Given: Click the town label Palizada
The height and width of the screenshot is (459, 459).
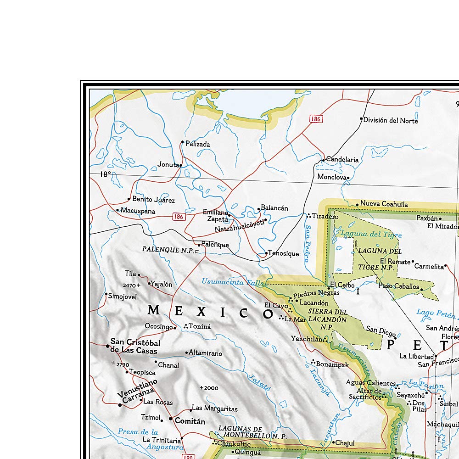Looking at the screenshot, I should (x=197, y=144).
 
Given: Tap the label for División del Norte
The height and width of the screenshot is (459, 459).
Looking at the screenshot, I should (x=391, y=120).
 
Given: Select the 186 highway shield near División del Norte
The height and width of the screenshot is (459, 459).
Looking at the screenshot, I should (x=316, y=119).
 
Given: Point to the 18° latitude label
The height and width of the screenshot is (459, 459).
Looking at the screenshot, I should (x=106, y=174).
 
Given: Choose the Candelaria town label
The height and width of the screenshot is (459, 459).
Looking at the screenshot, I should (x=342, y=160).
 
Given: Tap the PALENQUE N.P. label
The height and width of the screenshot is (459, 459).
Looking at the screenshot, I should (x=168, y=250).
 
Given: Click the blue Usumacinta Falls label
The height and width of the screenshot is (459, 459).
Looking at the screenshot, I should (x=233, y=282).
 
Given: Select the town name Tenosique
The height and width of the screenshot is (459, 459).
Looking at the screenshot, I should (x=284, y=253).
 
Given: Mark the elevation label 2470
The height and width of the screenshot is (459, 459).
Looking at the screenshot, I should (x=129, y=285).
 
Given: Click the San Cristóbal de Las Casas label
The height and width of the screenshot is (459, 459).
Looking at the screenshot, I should (x=134, y=347).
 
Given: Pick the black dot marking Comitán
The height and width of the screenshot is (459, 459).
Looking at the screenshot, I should (x=171, y=419).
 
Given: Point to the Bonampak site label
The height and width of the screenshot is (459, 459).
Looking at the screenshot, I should (x=333, y=364).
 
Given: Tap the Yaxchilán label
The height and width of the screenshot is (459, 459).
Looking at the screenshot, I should (x=307, y=339).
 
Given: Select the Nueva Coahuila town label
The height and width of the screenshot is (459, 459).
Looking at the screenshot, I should (x=384, y=204).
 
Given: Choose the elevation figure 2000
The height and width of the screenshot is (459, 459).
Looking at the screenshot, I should (x=211, y=388).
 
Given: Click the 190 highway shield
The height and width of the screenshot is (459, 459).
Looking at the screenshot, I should (x=188, y=456).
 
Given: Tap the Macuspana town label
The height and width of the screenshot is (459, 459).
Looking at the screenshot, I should (x=138, y=211).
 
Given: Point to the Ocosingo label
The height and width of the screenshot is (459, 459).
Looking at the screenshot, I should (x=159, y=327).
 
